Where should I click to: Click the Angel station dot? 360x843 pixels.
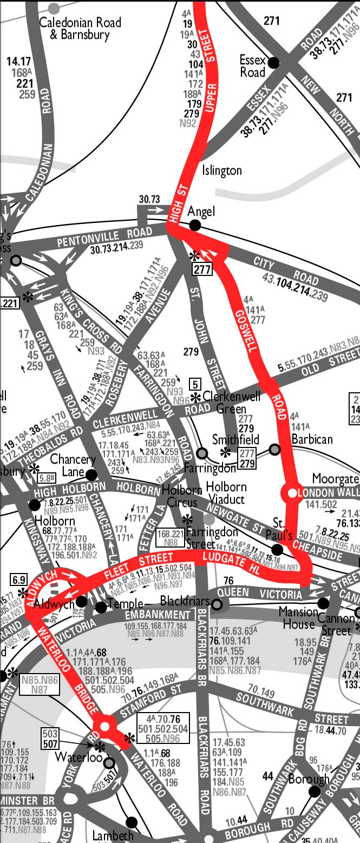pyautogui.click(x=195, y=225)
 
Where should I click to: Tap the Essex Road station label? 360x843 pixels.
pyautogui.click(x=253, y=66)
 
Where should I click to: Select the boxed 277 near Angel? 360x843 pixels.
pyautogui.click(x=201, y=269)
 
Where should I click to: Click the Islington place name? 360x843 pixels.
pyautogui.click(x=222, y=171)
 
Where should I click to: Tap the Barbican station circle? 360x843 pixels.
pyautogui.click(x=275, y=449)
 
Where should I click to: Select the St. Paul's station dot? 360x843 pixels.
pyautogui.click(x=277, y=549)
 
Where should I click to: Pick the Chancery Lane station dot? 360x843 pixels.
pyautogui.click(x=91, y=475)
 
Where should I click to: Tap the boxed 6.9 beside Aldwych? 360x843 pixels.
pyautogui.click(x=18, y=580)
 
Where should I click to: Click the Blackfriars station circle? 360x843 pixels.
pyautogui.click(x=217, y=604)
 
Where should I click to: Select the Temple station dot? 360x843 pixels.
pyautogui.click(x=101, y=607)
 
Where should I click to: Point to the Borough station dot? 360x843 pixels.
pyautogui.click(x=314, y=792)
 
